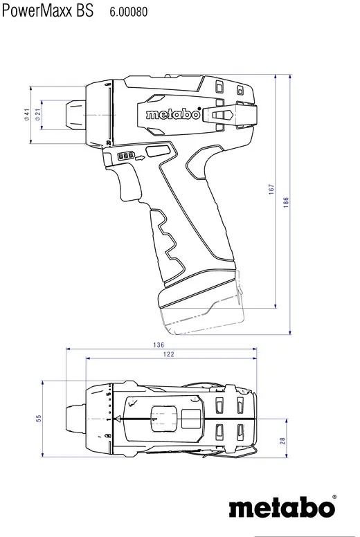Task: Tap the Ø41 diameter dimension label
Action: pyautogui.click(x=26, y=114)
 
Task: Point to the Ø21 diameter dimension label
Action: pyautogui.click(x=37, y=114)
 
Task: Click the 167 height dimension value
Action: pyautogui.click(x=272, y=188)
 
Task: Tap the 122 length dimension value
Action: pyautogui.click(x=169, y=354)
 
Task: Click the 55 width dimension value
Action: pyautogui.click(x=39, y=418)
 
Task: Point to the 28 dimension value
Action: pyautogui.click(x=282, y=440)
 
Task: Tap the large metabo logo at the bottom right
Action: pyautogui.click(x=281, y=509)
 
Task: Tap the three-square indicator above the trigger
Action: pyautogui.click(x=127, y=156)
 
